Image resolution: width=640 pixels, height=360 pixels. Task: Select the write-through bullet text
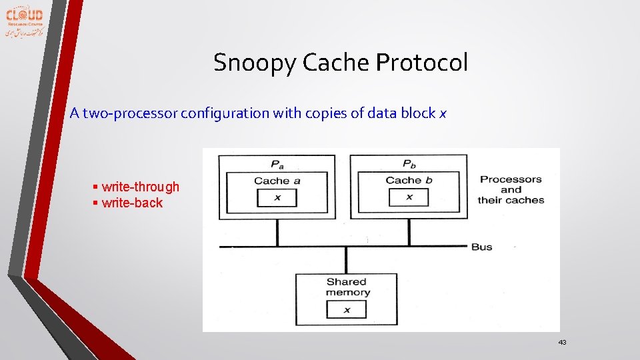click(141, 187)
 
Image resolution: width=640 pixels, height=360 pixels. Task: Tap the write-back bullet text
click(132, 203)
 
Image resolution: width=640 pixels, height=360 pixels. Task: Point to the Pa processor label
click(277, 164)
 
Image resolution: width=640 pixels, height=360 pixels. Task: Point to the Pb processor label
click(409, 164)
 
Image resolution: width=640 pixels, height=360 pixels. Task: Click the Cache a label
click(277, 181)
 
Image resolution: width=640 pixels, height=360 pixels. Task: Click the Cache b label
click(409, 180)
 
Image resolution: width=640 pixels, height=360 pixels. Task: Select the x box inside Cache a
click(277, 198)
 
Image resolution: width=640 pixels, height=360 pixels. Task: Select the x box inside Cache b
click(409, 197)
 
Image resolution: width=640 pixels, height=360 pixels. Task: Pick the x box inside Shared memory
click(346, 309)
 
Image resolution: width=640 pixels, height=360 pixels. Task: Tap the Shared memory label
click(347, 287)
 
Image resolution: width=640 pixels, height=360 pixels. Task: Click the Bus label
click(481, 247)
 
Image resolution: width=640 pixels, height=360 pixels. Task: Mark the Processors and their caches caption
click(511, 189)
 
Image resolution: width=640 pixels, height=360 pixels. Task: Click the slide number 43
click(562, 342)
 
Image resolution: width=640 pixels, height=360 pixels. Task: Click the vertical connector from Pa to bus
click(277, 233)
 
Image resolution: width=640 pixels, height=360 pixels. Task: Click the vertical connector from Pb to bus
click(409, 233)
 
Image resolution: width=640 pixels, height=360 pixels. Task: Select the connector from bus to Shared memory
click(346, 260)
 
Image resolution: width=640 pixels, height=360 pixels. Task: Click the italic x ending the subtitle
click(442, 113)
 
